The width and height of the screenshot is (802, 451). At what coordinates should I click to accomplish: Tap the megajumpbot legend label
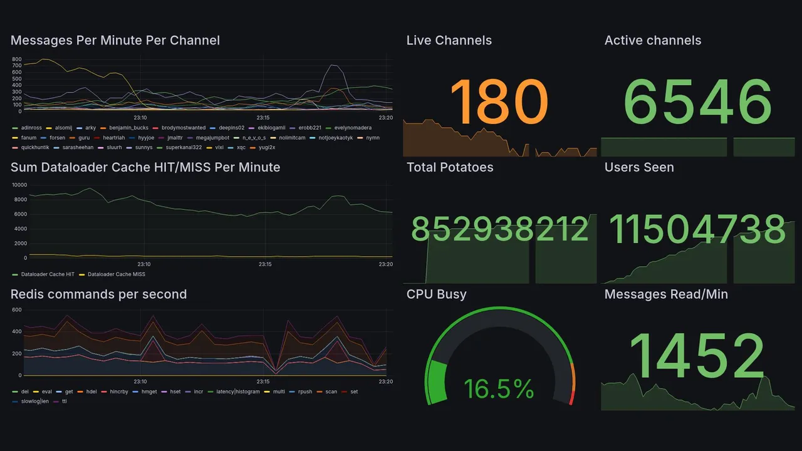[212, 138]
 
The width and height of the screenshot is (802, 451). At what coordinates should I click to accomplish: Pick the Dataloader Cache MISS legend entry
[116, 274]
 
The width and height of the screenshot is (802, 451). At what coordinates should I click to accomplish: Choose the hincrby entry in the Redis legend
[118, 392]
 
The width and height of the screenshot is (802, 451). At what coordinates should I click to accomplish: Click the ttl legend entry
[64, 402]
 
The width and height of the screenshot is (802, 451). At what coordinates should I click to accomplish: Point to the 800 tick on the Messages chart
[17, 59]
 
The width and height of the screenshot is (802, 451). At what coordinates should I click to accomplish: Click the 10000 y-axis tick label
[19, 185]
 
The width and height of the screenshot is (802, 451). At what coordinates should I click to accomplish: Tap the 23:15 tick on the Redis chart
[263, 382]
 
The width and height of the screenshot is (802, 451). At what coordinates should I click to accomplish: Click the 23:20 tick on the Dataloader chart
[385, 264]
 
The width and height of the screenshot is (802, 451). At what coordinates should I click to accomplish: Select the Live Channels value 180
[499, 102]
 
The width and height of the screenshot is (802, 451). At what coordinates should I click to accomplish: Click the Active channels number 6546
[697, 102]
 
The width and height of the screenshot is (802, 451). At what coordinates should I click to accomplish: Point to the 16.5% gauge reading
[499, 389]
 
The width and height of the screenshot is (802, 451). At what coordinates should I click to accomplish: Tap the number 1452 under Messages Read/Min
[697, 356]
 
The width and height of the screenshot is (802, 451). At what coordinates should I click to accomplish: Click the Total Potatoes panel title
[450, 167]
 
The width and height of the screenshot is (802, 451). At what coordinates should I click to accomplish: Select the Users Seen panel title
[639, 167]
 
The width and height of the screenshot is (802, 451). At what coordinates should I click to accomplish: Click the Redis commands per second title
[98, 294]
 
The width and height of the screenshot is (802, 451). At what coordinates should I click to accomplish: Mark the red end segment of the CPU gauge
[571, 397]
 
